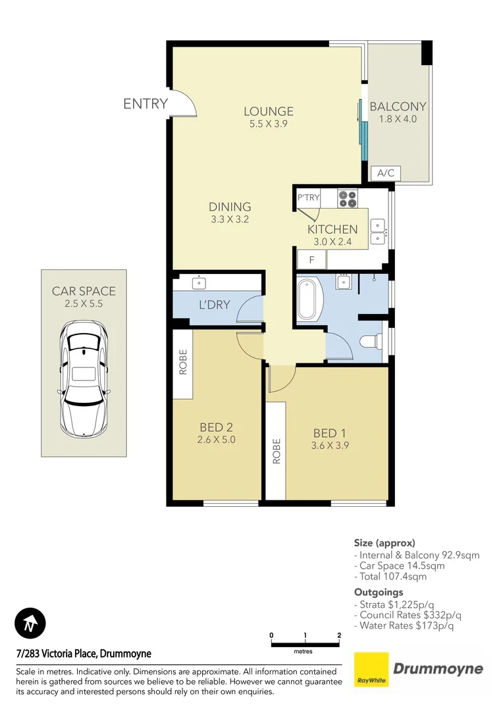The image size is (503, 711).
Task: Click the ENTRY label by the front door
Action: click(x=146, y=104)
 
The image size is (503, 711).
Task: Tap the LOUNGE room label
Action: click(x=268, y=111)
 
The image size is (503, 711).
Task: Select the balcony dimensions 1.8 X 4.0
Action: click(x=398, y=119)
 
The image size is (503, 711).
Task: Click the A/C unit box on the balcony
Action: click(x=385, y=173)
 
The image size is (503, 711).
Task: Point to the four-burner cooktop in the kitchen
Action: click(x=347, y=198)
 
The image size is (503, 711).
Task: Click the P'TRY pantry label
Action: click(x=308, y=197)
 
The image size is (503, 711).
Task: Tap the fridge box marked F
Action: click(x=311, y=259)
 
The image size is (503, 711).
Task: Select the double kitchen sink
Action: click(x=377, y=230)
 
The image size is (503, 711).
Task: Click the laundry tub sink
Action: click(x=198, y=283)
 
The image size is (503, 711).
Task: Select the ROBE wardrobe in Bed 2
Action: click(x=182, y=362)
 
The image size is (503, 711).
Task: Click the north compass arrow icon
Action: click(x=30, y=623)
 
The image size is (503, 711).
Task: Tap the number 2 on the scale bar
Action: click(x=338, y=635)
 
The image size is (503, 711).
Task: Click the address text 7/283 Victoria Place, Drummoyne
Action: click(x=84, y=654)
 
